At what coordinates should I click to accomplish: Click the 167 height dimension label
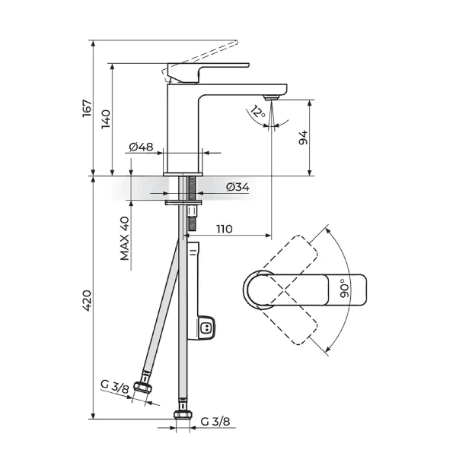(87, 109)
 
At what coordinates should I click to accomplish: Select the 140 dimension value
(106, 119)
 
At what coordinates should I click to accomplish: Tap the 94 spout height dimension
(303, 138)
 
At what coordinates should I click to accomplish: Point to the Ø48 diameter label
(141, 147)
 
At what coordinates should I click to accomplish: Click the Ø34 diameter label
(238, 187)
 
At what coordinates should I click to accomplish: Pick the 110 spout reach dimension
(225, 230)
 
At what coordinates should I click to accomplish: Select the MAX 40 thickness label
(125, 239)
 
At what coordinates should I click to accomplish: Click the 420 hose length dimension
(87, 300)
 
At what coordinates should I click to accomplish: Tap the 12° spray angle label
(257, 112)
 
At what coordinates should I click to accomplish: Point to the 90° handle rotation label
(344, 288)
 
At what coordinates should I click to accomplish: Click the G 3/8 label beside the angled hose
(114, 386)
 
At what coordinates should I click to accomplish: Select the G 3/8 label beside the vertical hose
(215, 421)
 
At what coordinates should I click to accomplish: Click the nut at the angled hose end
(143, 387)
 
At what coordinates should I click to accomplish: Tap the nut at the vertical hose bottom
(183, 414)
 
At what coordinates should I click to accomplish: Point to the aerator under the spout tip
(271, 97)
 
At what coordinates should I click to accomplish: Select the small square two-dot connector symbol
(206, 328)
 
